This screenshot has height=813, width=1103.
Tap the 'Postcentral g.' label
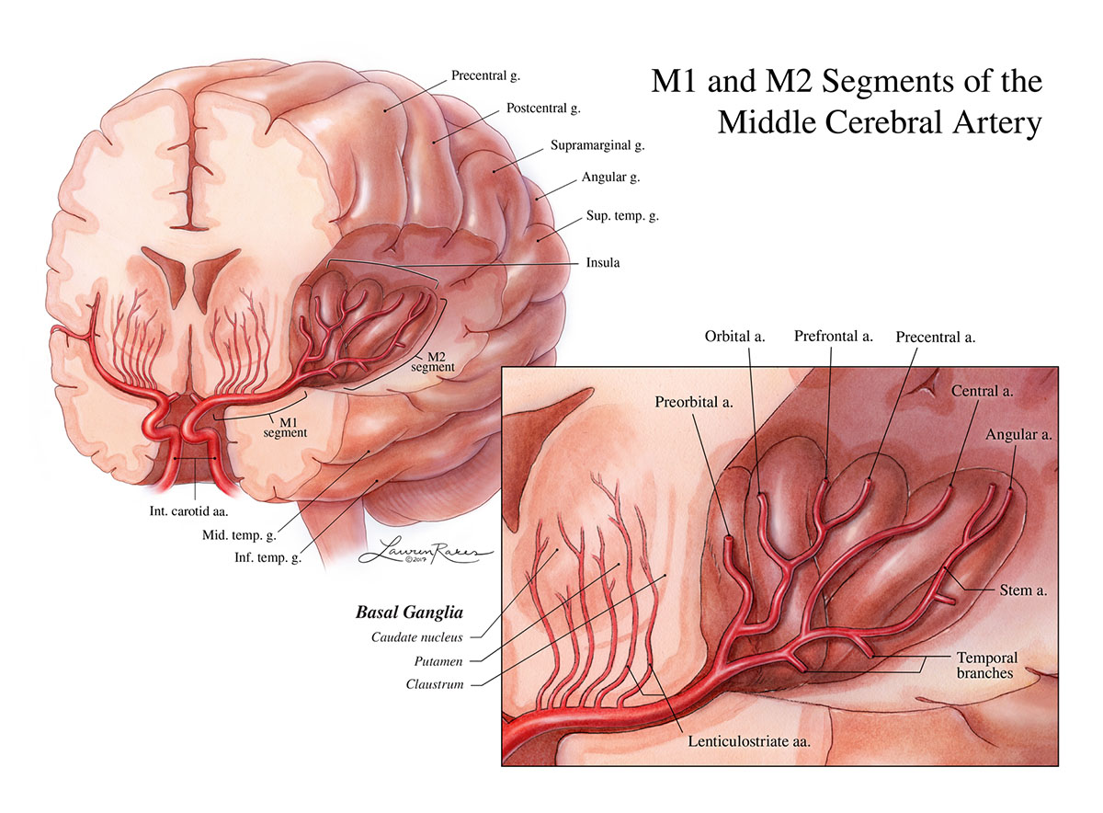(543, 109)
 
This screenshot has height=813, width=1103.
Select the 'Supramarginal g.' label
(596, 145)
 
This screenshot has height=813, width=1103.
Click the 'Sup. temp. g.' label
(622, 217)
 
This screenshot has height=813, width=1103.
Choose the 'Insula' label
(602, 262)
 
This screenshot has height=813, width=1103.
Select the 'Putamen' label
(439, 660)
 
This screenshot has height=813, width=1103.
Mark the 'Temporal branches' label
(984, 665)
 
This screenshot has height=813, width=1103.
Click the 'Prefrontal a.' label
(833, 337)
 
